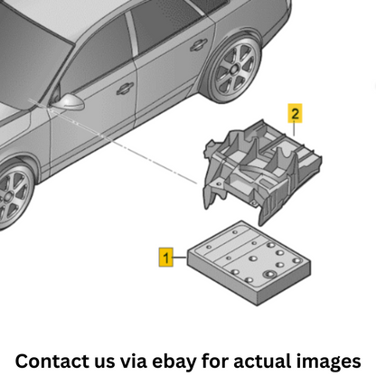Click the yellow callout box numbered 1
pos(166,257)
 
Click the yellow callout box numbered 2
pos(295,113)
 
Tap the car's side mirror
pos(69,102)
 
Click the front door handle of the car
pos(125,88)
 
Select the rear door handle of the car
pos(199,44)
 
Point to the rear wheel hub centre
pos(234,70)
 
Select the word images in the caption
pos(328,362)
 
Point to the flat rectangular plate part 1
pos(249,263)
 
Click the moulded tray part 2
pos(261,172)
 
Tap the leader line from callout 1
pos(180,257)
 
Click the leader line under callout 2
pos(294,129)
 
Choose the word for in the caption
pos(215,361)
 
